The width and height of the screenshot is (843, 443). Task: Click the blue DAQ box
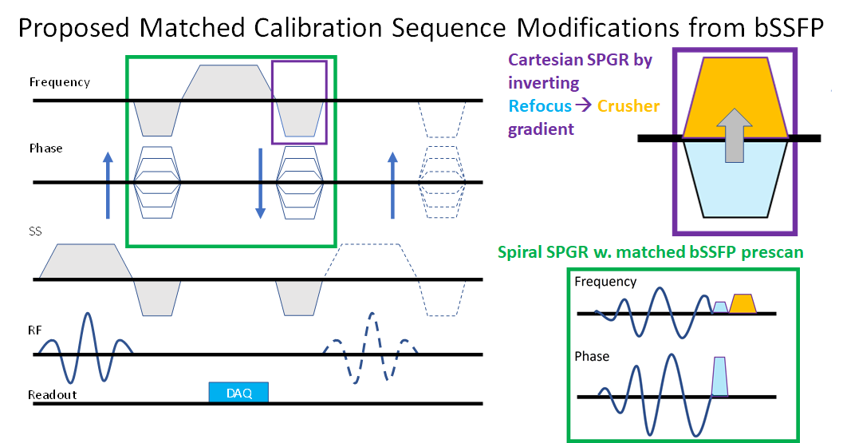[x=238, y=392]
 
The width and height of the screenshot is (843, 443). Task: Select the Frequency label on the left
[x=59, y=82]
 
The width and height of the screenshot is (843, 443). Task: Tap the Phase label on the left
[x=45, y=148]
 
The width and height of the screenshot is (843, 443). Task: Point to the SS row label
[x=35, y=231]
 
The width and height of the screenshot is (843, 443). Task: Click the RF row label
[x=36, y=325]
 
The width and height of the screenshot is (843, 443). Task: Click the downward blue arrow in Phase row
[x=260, y=183]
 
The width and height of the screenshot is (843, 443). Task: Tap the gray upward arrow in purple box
[x=735, y=136]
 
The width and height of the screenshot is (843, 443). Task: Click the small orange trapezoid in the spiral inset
[x=743, y=303]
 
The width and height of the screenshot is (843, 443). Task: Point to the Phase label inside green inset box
[x=592, y=356]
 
